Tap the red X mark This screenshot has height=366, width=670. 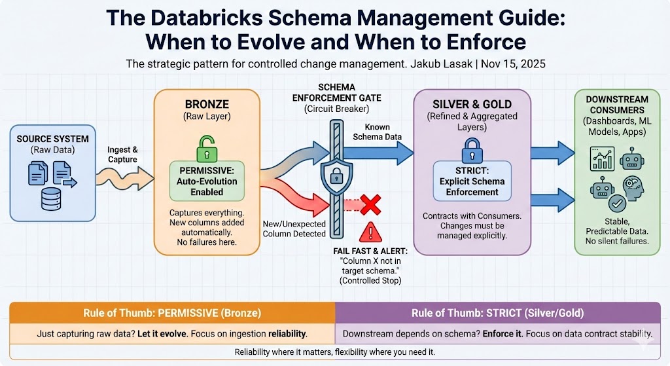coord(370,205)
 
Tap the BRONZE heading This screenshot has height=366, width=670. coord(207,104)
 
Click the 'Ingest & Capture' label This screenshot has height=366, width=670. coord(122,155)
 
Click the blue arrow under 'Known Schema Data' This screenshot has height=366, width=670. coord(378,153)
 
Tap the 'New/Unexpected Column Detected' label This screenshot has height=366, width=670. coord(294,229)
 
